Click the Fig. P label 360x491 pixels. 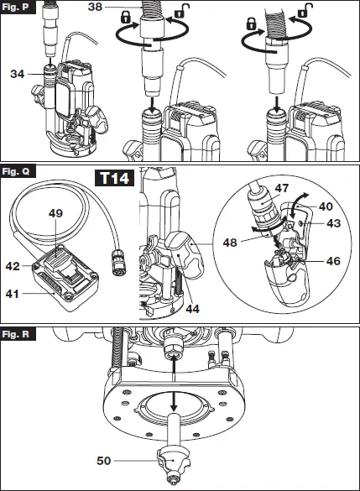click(15, 7)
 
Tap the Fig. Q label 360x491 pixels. click(16, 171)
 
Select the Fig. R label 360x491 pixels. click(16, 334)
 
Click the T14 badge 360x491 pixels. click(115, 178)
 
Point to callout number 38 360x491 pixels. click(95, 7)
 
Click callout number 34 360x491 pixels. click(18, 74)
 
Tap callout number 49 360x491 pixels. click(55, 213)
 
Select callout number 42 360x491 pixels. click(13, 266)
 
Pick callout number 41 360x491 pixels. click(13, 294)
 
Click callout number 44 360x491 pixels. click(192, 309)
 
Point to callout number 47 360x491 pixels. click(282, 188)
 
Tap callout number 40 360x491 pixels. click(326, 206)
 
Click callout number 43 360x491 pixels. click(333, 223)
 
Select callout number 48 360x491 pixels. click(230, 243)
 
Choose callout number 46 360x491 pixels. click(333, 261)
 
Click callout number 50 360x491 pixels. click(104, 461)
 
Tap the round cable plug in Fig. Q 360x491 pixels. click(119, 267)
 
